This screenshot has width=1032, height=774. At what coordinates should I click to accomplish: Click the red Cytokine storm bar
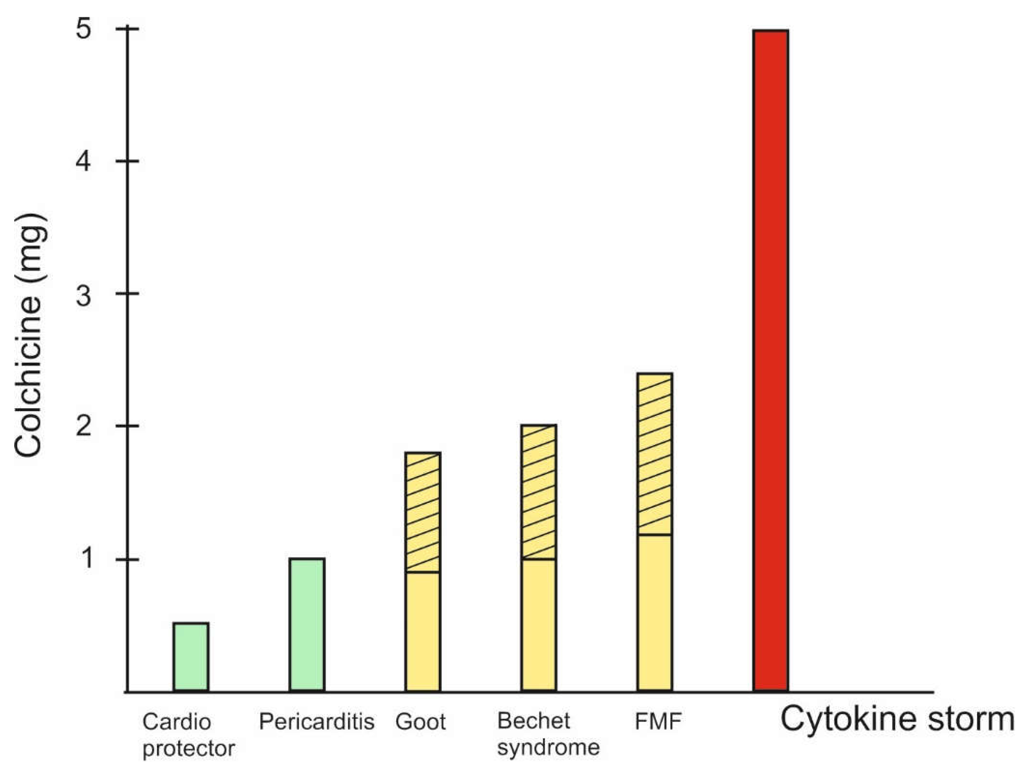pyautogui.click(x=771, y=359)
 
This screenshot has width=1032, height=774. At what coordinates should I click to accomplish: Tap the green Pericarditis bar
pyautogui.click(x=307, y=624)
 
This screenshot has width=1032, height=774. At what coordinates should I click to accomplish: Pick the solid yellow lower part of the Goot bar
pyautogui.click(x=423, y=631)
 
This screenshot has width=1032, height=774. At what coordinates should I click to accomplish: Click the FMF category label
pyautogui.click(x=658, y=721)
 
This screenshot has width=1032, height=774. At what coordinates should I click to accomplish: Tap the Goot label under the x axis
pyautogui.click(x=420, y=722)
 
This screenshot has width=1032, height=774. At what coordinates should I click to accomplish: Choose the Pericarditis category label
pyautogui.click(x=316, y=721)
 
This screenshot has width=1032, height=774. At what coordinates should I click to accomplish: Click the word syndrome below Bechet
pyautogui.click(x=548, y=747)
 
